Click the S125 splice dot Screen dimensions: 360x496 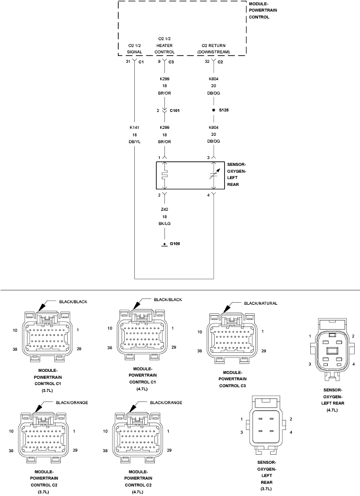tap(214, 110)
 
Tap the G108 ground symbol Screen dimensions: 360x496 tap(164, 245)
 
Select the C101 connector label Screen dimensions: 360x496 tap(174, 111)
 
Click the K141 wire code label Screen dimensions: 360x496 tap(134, 127)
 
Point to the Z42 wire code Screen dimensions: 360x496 tap(164, 209)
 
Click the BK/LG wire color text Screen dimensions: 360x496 tap(164, 223)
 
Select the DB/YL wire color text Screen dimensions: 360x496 tap(135, 142)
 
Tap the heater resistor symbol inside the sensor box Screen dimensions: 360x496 tap(164, 175)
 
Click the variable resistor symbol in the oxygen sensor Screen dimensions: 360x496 tap(214, 175)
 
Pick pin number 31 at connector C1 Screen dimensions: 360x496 tap(128, 61)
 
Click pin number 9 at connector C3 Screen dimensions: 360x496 tap(159, 61)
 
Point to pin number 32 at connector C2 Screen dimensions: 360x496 tap(207, 61)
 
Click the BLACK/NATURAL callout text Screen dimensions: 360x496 tap(261, 303)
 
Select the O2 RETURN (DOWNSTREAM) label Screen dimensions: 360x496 tap(214, 49)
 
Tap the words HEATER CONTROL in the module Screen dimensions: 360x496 tap(164, 49)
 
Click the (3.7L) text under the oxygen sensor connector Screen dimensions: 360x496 tap(266, 489)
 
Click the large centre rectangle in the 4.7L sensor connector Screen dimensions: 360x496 tap(332, 351)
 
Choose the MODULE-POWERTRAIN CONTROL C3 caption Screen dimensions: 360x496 tap(233, 379)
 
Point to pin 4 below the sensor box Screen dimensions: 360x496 tap(208, 195)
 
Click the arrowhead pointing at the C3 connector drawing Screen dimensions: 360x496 tap(226, 309)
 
